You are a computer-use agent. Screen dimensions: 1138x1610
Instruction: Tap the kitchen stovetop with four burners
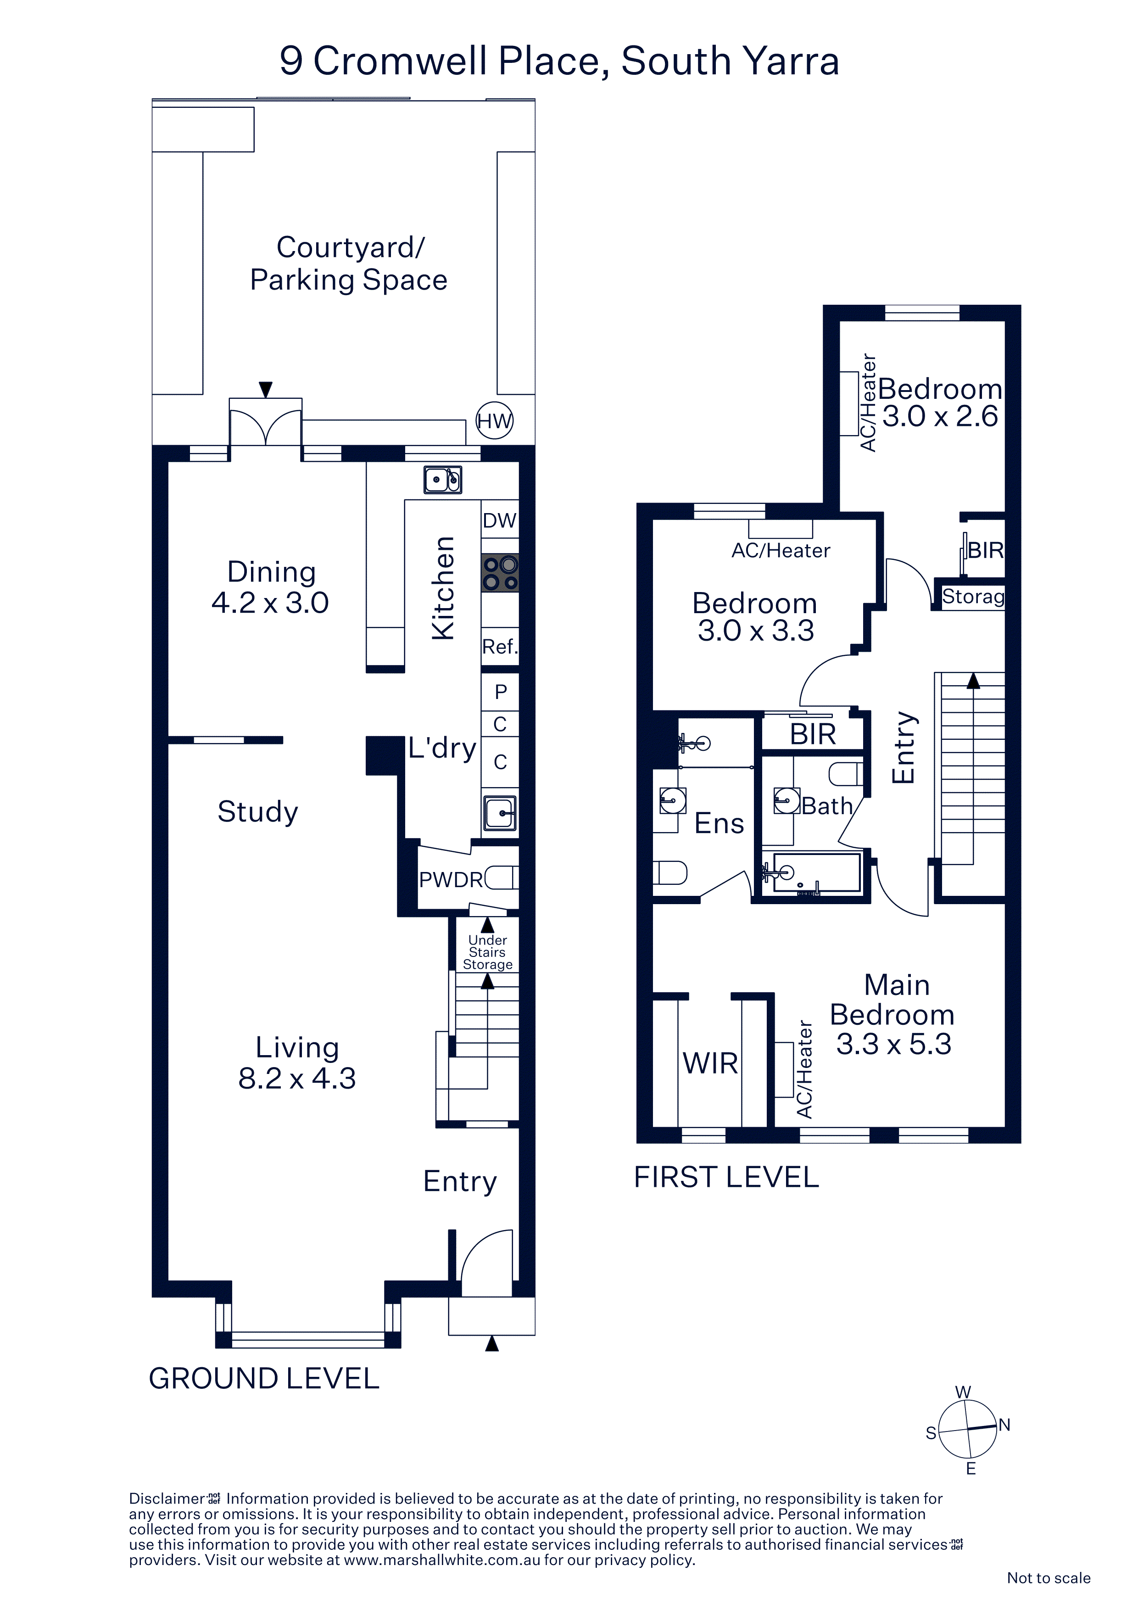tap(500, 573)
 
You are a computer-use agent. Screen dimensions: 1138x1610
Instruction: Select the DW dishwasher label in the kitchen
tap(499, 520)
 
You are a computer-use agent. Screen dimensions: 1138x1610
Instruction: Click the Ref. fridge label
tap(500, 647)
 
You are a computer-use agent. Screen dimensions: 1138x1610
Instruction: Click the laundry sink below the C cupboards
tap(500, 813)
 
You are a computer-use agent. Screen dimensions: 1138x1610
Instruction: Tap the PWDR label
tap(451, 879)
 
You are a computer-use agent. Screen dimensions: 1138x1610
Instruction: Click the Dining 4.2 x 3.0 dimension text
tap(271, 587)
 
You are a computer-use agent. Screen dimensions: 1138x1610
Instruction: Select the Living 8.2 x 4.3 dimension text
tap(297, 1062)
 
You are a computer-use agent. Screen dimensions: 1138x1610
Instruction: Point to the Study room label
tap(258, 812)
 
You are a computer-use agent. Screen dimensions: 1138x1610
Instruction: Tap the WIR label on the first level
tap(710, 1064)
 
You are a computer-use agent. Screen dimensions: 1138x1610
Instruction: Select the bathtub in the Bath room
tap(812, 872)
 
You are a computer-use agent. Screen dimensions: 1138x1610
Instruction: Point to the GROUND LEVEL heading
tap(264, 1379)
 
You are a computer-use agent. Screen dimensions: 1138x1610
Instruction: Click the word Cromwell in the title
tap(401, 61)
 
